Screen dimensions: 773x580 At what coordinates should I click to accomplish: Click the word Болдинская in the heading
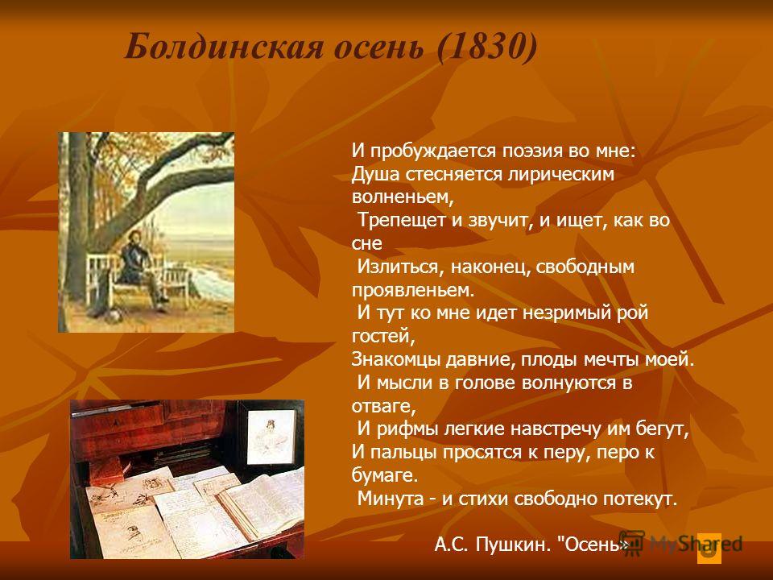(x=225, y=48)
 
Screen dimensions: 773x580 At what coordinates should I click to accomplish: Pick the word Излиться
(x=397, y=267)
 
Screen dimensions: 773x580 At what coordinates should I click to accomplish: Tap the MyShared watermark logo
(x=680, y=545)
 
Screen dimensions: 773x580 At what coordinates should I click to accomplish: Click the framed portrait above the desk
(x=271, y=437)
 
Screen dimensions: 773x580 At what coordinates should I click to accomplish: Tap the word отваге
(x=383, y=406)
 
